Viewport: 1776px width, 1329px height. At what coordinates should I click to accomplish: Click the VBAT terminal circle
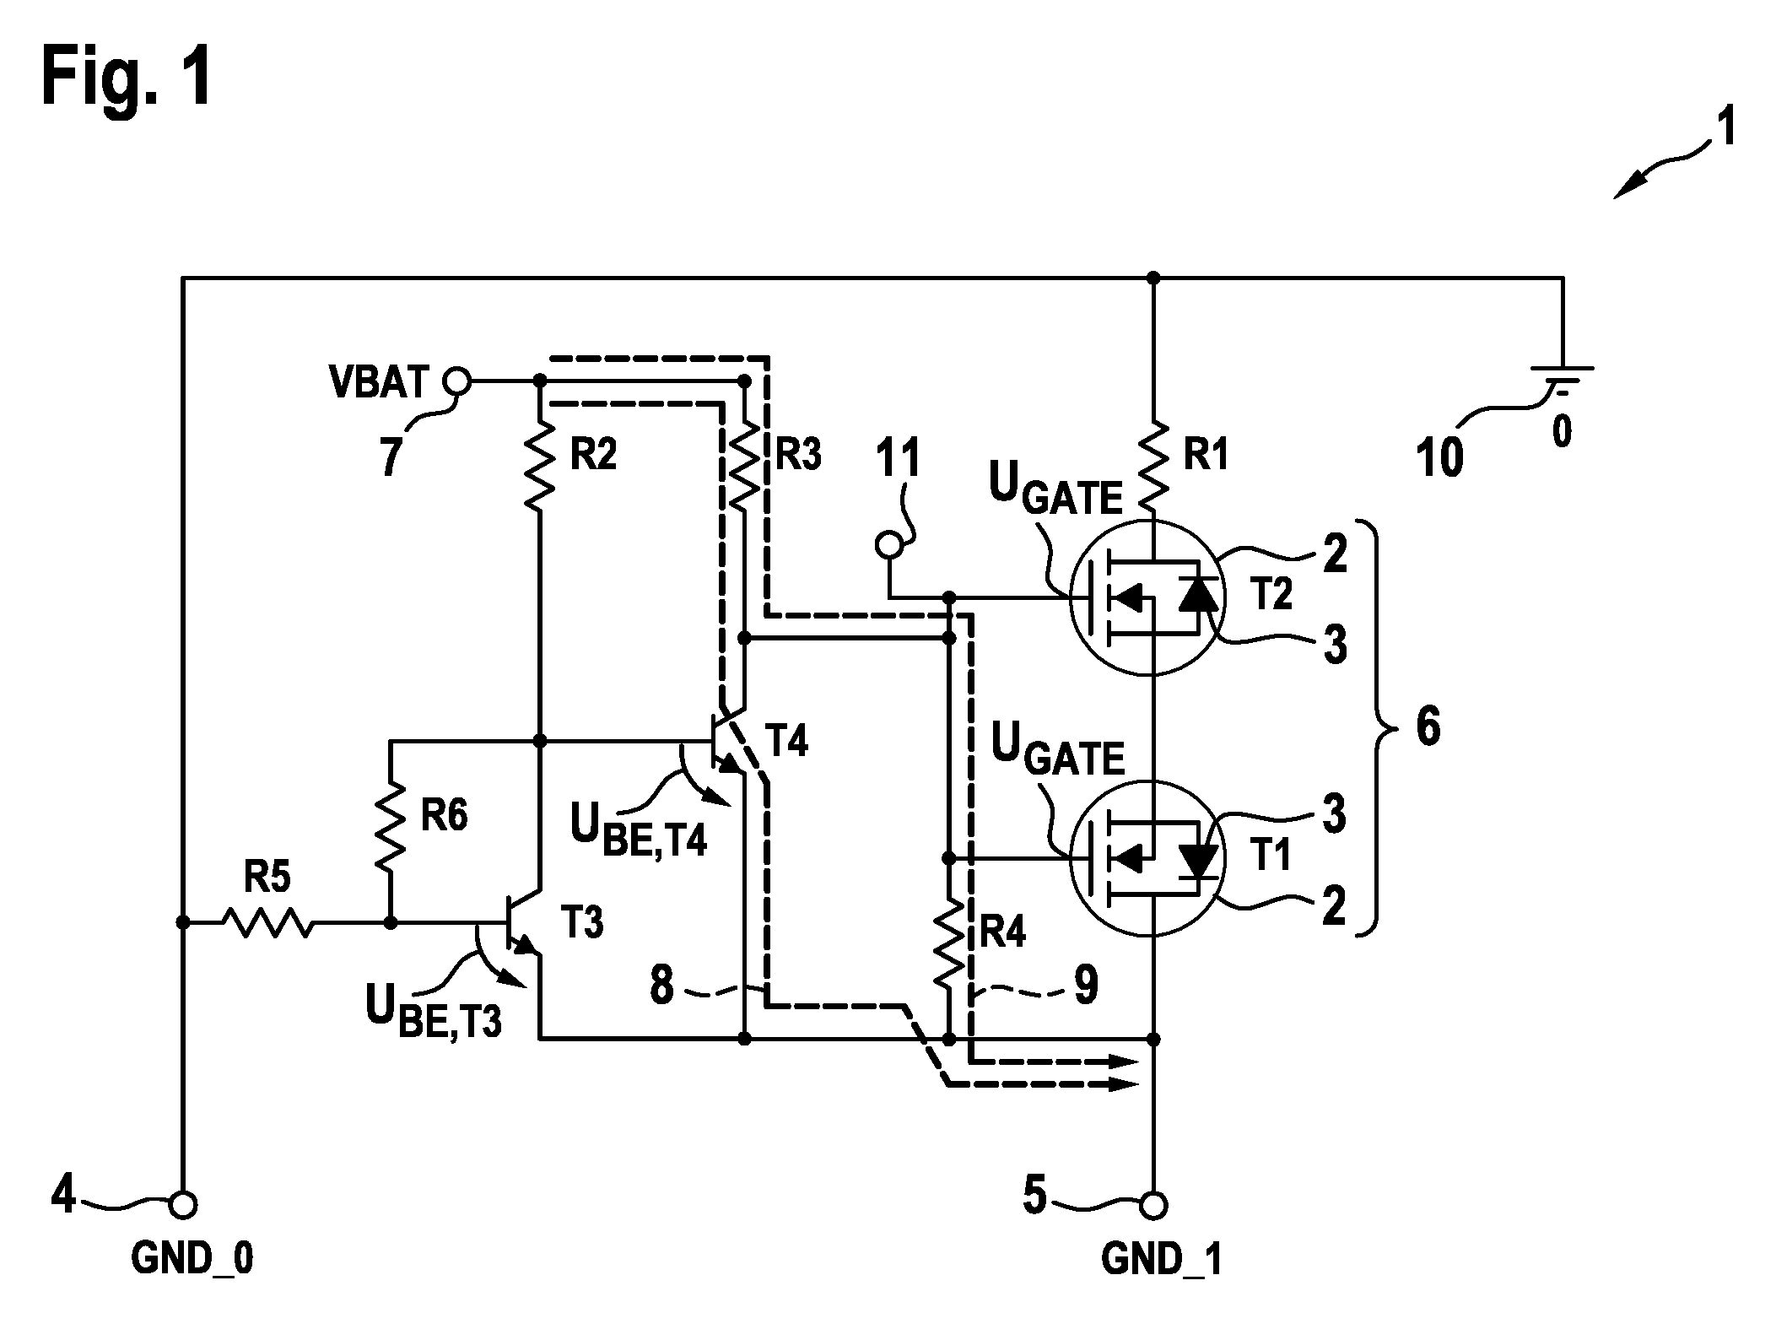coord(457,381)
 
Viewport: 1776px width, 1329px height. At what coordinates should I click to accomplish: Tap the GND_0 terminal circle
coord(181,1205)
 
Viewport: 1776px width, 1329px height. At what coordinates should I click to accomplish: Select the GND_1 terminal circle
coord(1153,1205)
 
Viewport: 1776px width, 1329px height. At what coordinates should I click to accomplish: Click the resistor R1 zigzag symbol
coord(1153,467)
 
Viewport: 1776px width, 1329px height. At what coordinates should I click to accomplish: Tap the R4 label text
coord(1001,932)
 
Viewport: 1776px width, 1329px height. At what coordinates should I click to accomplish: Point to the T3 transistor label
coord(582,923)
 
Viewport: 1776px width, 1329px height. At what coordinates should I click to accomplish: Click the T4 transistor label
coord(785,741)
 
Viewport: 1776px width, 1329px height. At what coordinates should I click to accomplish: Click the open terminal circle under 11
coord(889,545)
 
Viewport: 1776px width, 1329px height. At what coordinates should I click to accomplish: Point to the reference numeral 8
coord(662,986)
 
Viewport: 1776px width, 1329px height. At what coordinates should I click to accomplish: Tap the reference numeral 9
coord(1087,986)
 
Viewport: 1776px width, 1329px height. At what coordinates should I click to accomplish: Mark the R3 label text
coord(798,456)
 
